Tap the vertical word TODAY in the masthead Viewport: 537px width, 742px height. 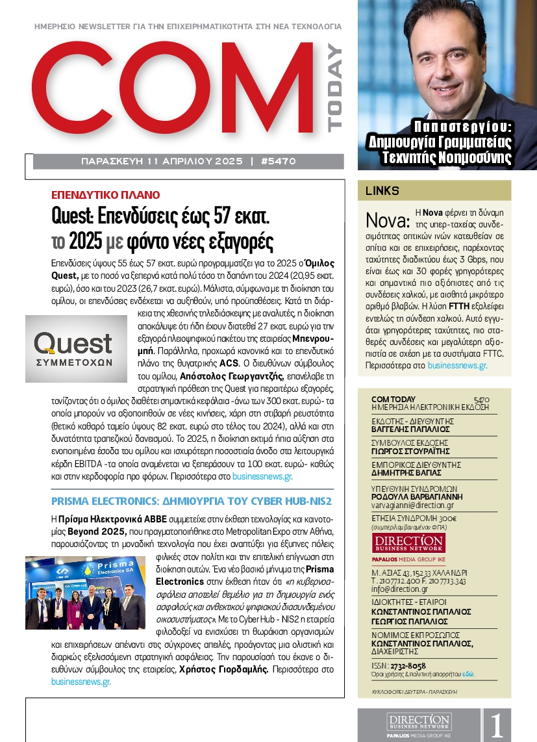tap(334, 88)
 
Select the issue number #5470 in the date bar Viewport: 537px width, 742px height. tap(277, 161)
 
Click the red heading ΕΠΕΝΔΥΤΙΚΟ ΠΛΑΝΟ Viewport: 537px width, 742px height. tap(105, 195)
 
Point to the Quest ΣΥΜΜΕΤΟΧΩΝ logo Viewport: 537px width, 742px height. tap(73, 349)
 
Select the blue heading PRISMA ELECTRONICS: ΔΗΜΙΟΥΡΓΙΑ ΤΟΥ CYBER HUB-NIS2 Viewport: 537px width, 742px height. tap(192, 502)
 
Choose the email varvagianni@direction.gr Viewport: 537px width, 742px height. tap(412, 505)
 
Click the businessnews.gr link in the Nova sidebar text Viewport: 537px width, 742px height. tap(457, 366)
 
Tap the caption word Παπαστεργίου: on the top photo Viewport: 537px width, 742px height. tap(462, 127)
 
